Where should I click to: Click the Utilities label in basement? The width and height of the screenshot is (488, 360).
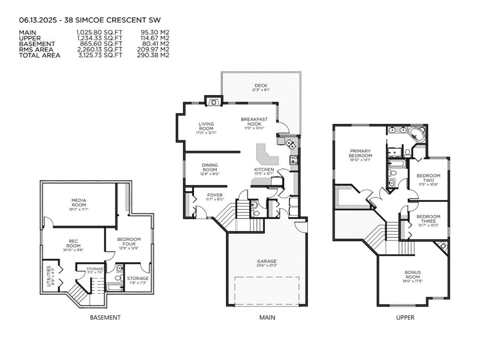pyautogui.click(x=49, y=276)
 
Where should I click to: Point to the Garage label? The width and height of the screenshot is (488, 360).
pyautogui.click(x=266, y=261)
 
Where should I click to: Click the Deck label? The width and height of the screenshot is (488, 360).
pyautogui.click(x=261, y=86)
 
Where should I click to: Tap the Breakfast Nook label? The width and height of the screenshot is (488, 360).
pyautogui.click(x=254, y=121)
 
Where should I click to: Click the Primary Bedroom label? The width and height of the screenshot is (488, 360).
pyautogui.click(x=360, y=153)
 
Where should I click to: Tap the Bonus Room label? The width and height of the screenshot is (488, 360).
pyautogui.click(x=413, y=275)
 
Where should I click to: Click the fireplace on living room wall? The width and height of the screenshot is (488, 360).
pyautogui.click(x=213, y=100)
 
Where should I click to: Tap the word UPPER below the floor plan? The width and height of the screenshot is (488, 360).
pyautogui.click(x=406, y=318)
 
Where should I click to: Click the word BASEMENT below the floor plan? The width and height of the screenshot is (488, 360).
pyautogui.click(x=105, y=318)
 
